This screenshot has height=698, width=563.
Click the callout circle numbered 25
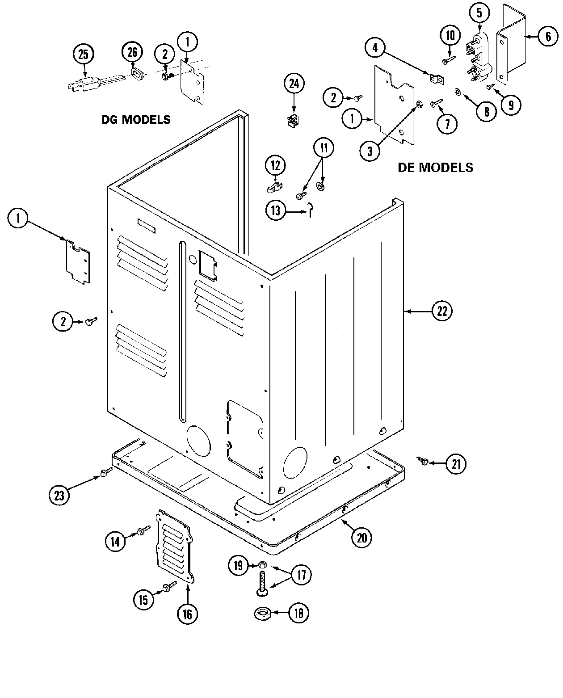(84, 55)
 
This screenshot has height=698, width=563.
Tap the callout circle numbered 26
(132, 52)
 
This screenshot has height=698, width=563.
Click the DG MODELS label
(136, 120)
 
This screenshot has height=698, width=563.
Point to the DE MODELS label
(435, 167)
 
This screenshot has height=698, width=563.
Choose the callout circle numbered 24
(294, 84)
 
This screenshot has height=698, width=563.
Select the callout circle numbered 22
(441, 311)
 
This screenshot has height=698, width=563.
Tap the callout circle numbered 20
(361, 538)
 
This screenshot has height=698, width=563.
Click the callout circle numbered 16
(187, 614)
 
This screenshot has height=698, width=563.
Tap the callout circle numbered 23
(59, 495)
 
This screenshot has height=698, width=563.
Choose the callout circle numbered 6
(548, 37)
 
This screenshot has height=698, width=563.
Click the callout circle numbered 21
(455, 464)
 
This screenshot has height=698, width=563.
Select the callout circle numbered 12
(275, 165)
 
